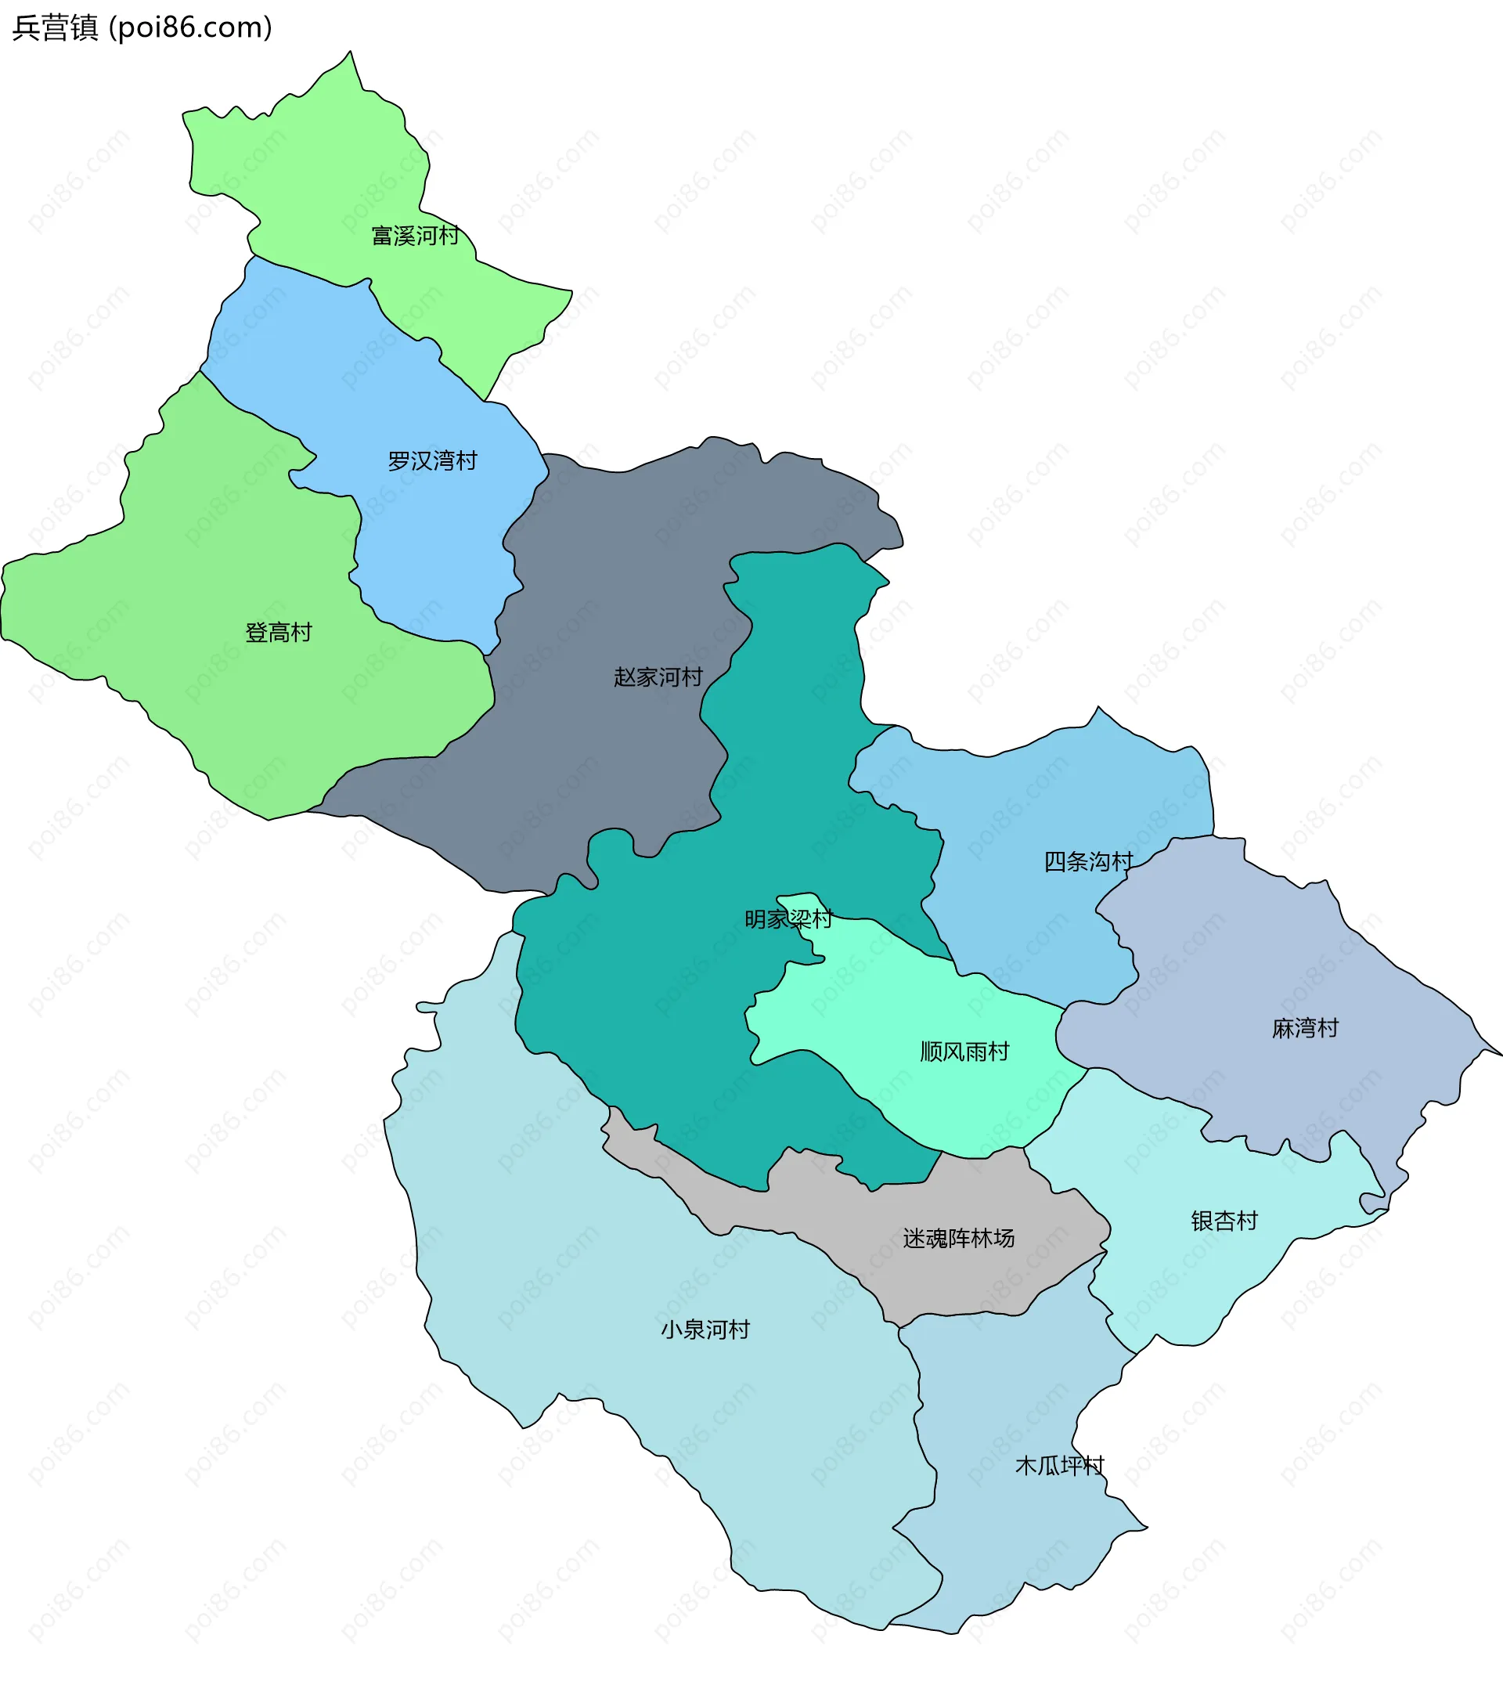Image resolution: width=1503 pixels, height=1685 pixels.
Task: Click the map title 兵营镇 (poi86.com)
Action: pyautogui.click(x=142, y=28)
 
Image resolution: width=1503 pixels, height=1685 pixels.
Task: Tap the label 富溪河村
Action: pyautogui.click(x=416, y=236)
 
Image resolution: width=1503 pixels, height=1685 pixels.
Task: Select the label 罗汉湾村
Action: pyautogui.click(x=433, y=461)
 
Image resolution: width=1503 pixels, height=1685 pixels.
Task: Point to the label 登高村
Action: pyautogui.click(x=279, y=633)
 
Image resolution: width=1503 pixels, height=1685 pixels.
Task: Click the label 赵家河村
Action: pyautogui.click(x=658, y=677)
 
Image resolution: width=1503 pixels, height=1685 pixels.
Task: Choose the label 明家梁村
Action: pyautogui.click(x=788, y=919)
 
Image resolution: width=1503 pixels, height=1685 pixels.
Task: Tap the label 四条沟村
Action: pyautogui.click(x=1088, y=862)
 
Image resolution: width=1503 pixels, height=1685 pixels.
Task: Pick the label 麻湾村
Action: pyautogui.click(x=1306, y=1028)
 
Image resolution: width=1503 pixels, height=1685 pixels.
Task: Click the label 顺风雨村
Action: pyautogui.click(x=964, y=1052)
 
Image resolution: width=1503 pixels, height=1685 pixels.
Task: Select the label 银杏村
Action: pyautogui.click(x=1224, y=1221)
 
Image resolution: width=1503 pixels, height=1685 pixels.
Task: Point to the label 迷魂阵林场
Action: pyautogui.click(x=959, y=1238)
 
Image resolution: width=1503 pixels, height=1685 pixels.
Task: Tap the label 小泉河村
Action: pyautogui.click(x=705, y=1330)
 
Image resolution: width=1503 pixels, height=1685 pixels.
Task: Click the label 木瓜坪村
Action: pyautogui.click(x=1059, y=1466)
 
